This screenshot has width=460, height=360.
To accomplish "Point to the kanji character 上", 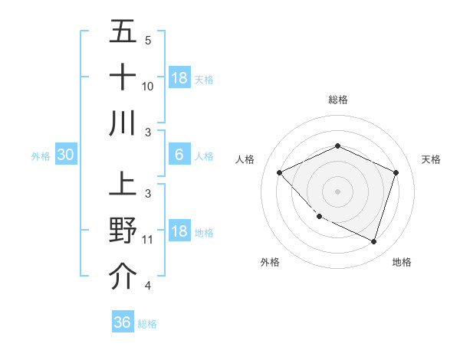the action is click(123, 185).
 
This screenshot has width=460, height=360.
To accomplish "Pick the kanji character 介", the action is click(123, 277).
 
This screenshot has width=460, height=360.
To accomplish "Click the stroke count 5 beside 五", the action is click(148, 40).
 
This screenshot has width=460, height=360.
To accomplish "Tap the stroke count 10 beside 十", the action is click(148, 86).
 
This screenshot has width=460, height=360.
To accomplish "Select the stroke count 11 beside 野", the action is click(148, 240).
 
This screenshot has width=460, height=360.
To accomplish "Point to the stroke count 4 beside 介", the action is click(148, 286).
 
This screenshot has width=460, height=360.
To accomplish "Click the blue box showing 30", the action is click(65, 155).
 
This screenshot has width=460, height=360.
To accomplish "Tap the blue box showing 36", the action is click(122, 322).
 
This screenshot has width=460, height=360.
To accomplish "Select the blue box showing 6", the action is click(179, 155).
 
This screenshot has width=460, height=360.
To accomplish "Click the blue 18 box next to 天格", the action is click(179, 78).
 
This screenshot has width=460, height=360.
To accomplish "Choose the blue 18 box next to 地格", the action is click(179, 232).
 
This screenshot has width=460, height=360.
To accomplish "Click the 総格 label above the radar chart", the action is click(337, 100).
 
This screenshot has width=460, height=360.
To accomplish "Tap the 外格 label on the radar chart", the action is click(270, 262).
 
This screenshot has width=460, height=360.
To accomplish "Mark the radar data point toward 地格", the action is click(373, 241).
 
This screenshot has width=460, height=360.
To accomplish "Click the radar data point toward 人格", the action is click(280, 172).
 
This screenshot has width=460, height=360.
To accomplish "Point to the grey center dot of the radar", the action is click(337, 191).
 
